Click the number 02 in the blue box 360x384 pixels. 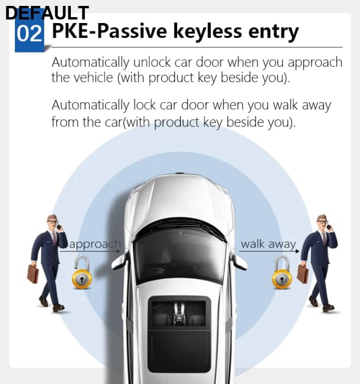tap(29, 34)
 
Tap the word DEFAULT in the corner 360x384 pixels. tap(47, 13)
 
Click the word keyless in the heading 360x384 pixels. tap(207, 31)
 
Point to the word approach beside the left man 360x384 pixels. tap(95, 244)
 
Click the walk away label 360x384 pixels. tap(269, 244)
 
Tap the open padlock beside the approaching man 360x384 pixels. tap(82, 272)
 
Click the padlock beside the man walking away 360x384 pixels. tap(282, 272)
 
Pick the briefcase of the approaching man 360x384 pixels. tap(33, 274)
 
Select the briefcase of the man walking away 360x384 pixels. tap(303, 274)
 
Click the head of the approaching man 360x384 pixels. tap(53, 222)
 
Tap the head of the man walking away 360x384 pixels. tap(322, 222)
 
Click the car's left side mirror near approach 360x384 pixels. tap(119, 261)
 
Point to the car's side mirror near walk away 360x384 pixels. tap(238, 261)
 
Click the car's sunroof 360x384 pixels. tap(179, 334)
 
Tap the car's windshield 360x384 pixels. tap(179, 255)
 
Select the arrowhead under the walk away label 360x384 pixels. tap(297, 251)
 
